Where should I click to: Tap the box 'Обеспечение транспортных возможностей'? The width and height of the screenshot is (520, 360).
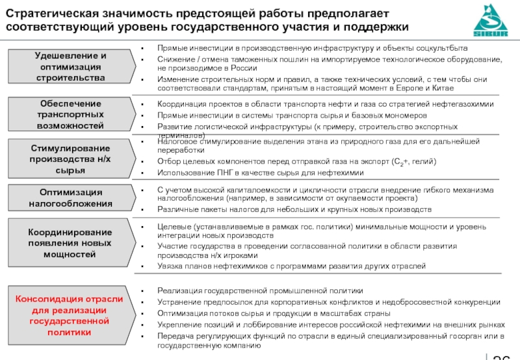click(x=70, y=114)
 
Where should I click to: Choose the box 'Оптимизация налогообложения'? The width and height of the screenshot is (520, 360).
click(x=70, y=198)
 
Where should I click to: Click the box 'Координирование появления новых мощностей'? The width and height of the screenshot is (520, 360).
click(x=70, y=243)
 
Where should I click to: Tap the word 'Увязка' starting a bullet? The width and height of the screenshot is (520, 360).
click(x=172, y=266)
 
